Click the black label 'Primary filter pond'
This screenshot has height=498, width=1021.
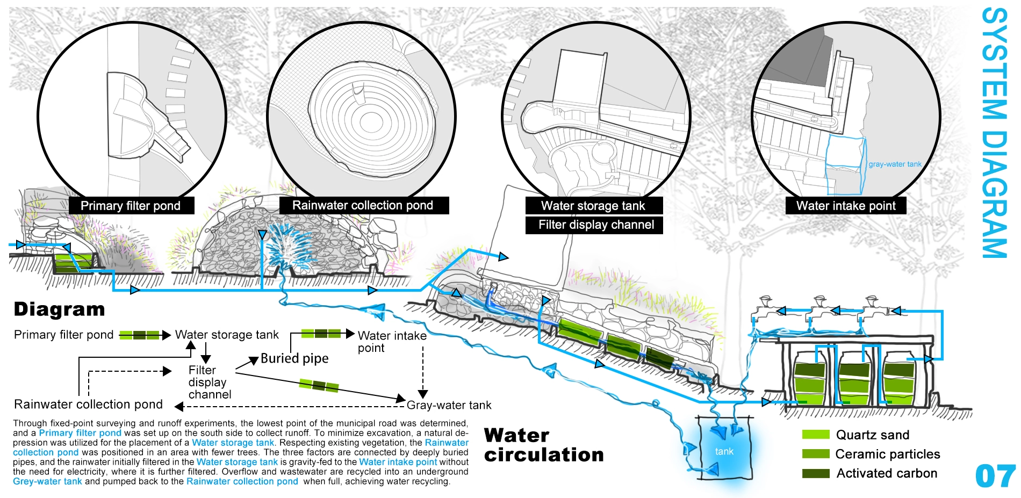coord(131,206)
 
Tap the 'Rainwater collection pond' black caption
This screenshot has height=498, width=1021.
coord(363,205)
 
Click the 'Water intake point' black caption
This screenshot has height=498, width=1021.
coord(846,206)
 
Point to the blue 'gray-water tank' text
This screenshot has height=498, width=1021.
coord(895,164)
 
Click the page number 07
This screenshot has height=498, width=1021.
coord(995,476)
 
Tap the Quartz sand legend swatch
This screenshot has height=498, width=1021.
coord(815,435)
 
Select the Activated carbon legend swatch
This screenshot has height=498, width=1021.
coord(815,473)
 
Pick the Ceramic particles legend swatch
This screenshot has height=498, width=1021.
coord(815,454)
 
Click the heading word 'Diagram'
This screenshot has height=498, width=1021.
coord(59,309)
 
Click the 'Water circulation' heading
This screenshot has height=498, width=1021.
coord(543,445)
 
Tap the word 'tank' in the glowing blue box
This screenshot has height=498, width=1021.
coord(724,452)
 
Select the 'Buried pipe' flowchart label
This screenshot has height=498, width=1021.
coord(294,358)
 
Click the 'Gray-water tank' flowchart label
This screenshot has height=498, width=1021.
coord(449,405)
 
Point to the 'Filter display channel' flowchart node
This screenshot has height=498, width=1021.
coord(208,382)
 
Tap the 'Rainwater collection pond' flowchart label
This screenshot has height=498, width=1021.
coord(88,404)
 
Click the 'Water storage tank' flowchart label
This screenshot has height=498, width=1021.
coord(227,335)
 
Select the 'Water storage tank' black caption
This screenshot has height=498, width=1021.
coord(593,206)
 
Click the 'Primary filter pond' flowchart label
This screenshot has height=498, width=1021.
coord(63,335)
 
